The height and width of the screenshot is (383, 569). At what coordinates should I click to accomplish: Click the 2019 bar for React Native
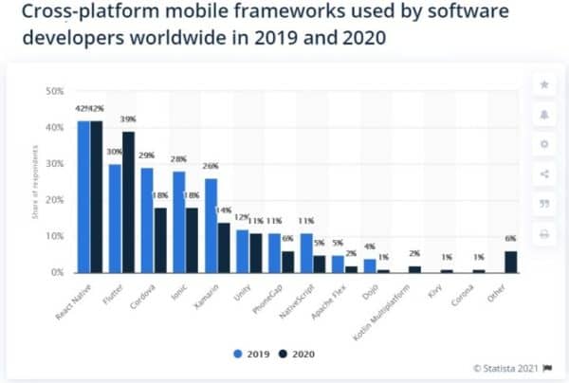coord(83,196)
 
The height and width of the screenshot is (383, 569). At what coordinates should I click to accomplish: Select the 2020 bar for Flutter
coord(128,202)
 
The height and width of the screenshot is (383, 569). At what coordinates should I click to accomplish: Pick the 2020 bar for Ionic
coord(193,240)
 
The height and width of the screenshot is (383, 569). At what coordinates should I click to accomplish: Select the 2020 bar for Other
coord(512,261)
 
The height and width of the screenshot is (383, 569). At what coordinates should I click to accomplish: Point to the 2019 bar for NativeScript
coord(306,252)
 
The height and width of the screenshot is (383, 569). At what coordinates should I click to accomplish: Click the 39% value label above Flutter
coord(129,119)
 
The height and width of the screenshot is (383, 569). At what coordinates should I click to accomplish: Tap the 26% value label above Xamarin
coord(211,167)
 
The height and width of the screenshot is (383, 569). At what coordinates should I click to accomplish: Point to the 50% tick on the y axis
coord(54,91)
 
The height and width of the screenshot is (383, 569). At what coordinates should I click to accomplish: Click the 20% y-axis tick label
coord(54,199)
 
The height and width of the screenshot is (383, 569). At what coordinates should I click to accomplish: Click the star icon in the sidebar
coord(543,85)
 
